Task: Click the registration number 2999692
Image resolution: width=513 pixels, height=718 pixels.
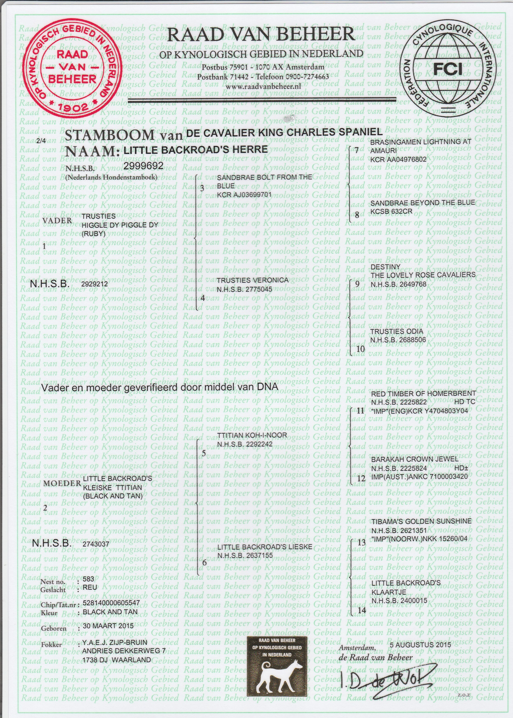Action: [x=143, y=166]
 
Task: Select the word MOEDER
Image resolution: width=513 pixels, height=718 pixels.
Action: [x=62, y=483]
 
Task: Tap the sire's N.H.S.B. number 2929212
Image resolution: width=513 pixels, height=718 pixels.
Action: [x=95, y=284]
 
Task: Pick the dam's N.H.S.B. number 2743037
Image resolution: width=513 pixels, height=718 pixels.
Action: [x=96, y=544]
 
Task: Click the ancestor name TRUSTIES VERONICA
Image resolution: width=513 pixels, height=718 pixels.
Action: [x=252, y=280]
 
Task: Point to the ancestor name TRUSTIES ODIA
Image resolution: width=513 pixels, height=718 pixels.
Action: [x=396, y=331]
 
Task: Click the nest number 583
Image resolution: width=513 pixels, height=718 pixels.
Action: [x=88, y=579]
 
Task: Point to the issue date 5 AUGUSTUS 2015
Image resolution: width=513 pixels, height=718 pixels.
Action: [x=421, y=645]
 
